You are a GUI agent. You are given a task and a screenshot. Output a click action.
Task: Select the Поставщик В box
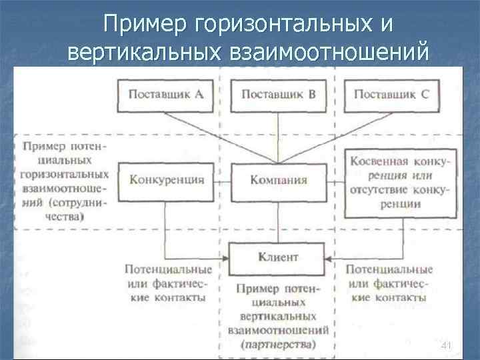(x=279, y=94)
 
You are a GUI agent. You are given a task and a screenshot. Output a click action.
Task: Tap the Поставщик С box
(x=391, y=94)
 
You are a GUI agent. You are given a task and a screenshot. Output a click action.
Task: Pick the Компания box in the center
(x=279, y=180)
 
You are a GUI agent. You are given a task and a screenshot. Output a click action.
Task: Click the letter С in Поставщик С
(x=425, y=94)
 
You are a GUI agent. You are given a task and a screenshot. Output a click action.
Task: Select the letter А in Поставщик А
(x=199, y=94)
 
